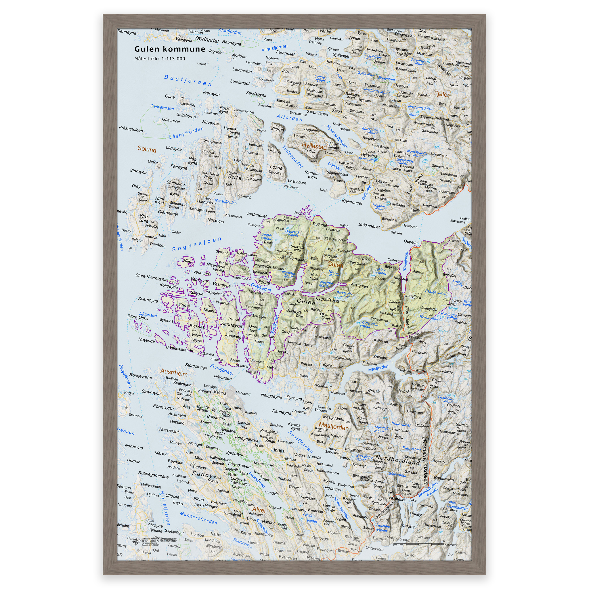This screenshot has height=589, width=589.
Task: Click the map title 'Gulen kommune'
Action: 170,49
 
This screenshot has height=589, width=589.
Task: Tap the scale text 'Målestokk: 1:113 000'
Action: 159,59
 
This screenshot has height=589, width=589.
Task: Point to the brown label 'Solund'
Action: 147,149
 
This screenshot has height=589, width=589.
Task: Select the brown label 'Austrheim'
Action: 174,372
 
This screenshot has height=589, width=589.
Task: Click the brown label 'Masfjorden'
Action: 334,426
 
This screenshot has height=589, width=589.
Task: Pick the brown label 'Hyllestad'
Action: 314,146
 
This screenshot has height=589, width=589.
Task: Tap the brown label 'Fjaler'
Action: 442,94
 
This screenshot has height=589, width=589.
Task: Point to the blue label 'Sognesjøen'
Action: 197,244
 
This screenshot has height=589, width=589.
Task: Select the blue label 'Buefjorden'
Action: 188,81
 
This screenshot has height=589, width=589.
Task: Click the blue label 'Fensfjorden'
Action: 222,370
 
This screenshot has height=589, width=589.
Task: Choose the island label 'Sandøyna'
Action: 232,324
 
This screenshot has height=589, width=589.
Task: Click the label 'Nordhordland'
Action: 398,460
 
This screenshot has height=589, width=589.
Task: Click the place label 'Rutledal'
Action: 320,225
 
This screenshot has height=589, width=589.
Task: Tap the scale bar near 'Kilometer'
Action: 418,544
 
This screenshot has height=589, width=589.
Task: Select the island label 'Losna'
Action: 276,167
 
